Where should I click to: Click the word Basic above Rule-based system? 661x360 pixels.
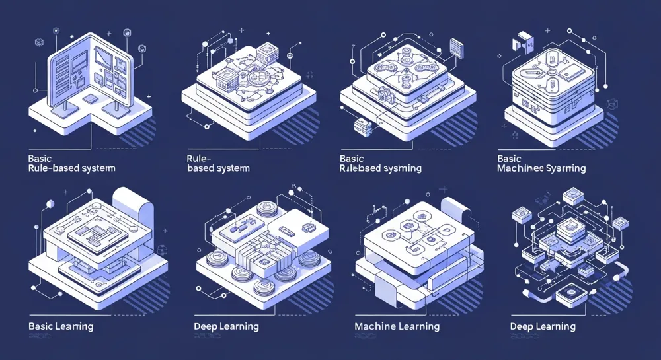click(x=42, y=159)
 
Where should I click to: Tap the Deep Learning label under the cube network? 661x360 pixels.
click(x=543, y=326)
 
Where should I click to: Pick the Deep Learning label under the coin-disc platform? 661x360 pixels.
click(x=227, y=326)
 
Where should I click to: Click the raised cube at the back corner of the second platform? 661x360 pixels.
click(x=267, y=52)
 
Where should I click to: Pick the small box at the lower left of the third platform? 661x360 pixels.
click(x=361, y=125)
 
